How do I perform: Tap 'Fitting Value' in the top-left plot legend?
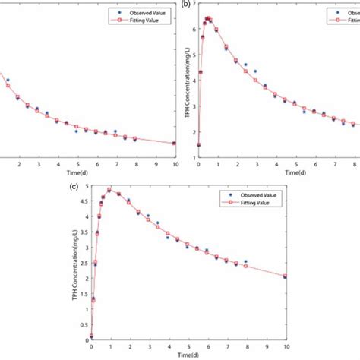click(x=144, y=21)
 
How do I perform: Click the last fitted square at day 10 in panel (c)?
click(x=285, y=276)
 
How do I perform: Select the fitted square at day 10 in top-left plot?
click(x=175, y=143)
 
